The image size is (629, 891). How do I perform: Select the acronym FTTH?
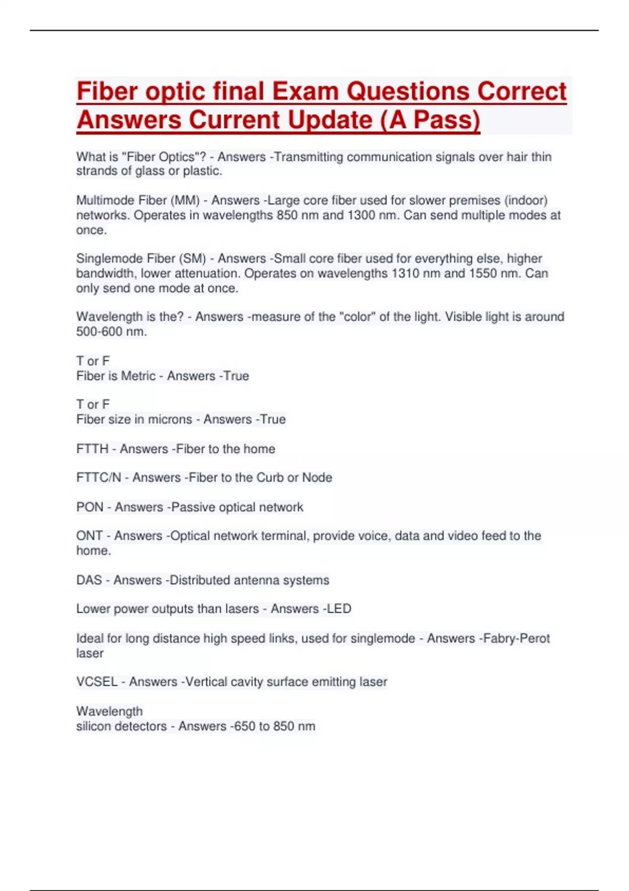coord(92,449)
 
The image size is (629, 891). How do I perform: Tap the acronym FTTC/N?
coord(99,478)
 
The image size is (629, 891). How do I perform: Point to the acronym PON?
coord(90,507)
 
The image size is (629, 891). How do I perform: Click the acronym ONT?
coord(89,536)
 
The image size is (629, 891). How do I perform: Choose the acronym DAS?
coord(89,580)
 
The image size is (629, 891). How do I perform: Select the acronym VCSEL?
coord(97,682)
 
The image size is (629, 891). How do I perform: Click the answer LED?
coord(339,609)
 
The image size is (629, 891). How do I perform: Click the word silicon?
coord(95,726)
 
